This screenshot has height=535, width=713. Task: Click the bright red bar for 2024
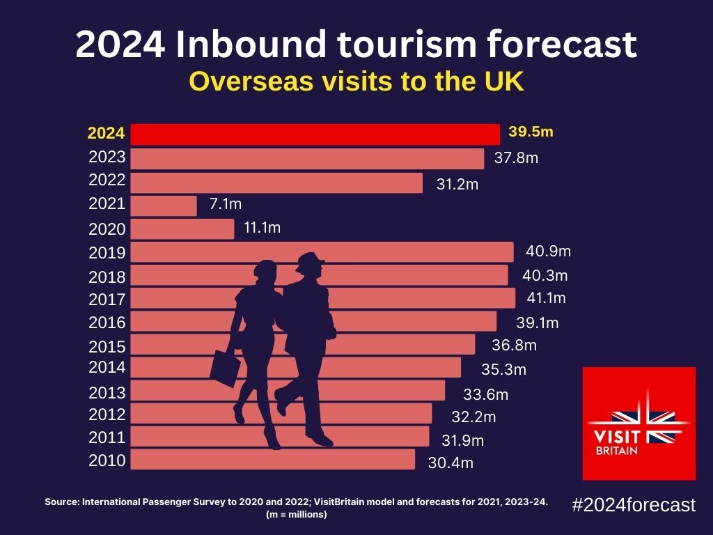315,134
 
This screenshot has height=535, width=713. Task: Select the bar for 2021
164,206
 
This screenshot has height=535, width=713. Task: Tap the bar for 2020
182,229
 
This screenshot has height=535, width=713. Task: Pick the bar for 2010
272,460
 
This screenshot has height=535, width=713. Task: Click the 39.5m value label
531,132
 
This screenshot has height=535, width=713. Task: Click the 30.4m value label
450,463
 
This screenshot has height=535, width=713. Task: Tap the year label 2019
107,253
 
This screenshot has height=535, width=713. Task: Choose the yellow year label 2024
107,133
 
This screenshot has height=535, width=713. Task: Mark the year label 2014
107,367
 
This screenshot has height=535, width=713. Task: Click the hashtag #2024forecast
633,505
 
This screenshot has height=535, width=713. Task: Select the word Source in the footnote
62,502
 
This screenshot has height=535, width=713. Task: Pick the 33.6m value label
486,395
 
